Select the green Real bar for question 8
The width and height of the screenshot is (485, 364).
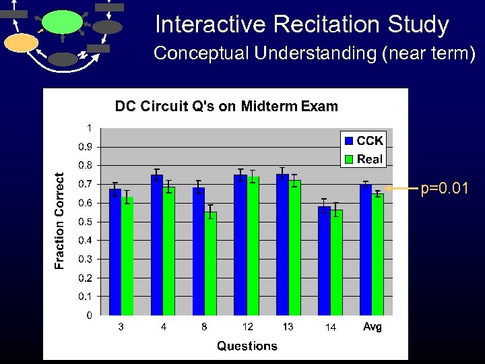click(210, 264)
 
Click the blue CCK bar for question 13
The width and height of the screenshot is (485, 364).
click(282, 245)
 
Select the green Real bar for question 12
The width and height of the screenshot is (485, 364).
click(253, 246)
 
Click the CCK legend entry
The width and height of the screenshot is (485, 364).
click(364, 141)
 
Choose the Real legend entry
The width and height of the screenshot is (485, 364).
click(364, 159)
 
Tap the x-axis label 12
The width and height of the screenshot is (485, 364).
click(247, 327)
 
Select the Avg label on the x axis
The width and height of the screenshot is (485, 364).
click(372, 327)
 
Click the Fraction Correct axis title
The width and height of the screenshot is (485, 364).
click(60, 220)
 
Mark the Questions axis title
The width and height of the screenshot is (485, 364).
click(247, 346)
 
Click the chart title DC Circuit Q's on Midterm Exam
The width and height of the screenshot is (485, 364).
click(226, 106)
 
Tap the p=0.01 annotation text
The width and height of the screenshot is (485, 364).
click(445, 188)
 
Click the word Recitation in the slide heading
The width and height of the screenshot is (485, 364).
click(319, 25)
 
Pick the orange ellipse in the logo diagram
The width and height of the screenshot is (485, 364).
click(21, 42)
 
